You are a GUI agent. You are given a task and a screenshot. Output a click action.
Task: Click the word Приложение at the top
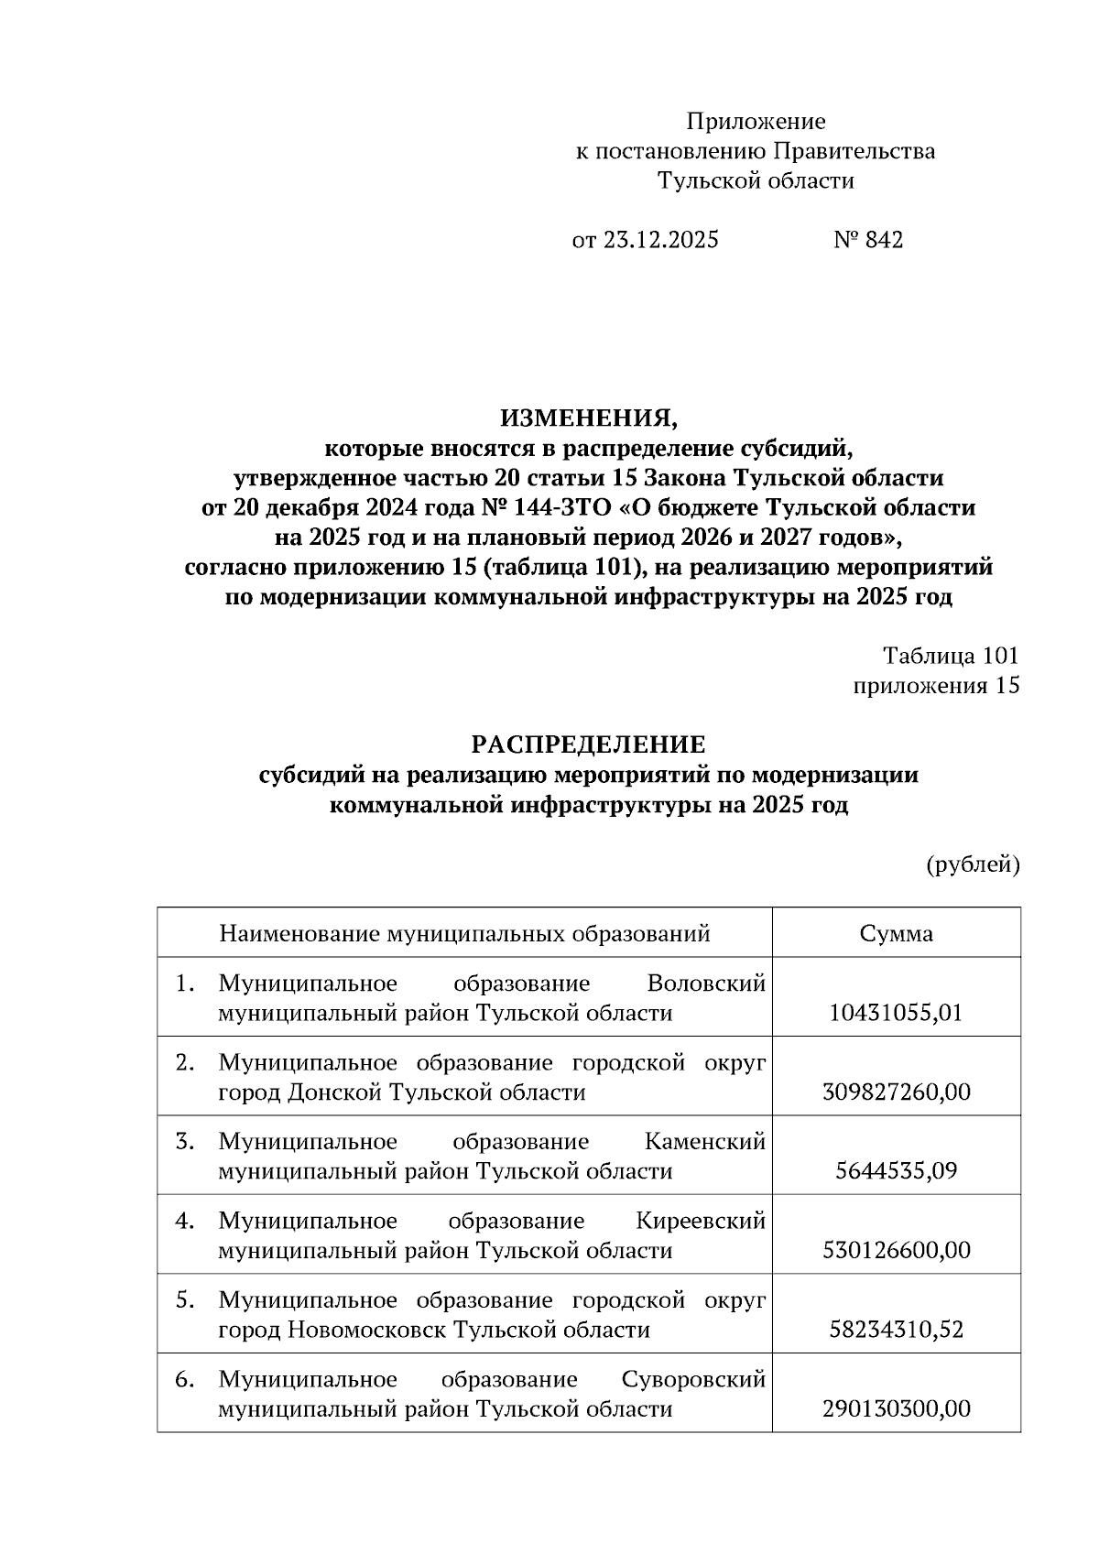756,122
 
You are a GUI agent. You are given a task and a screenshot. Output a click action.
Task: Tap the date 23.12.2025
659,240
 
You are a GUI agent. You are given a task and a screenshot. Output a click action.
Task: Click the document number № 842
868,240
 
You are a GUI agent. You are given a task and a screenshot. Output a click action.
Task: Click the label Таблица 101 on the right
950,656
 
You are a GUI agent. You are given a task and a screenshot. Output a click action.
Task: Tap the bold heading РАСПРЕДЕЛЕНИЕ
589,744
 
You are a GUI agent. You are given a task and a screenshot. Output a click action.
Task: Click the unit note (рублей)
973,864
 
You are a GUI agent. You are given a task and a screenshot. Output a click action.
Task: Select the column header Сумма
896,933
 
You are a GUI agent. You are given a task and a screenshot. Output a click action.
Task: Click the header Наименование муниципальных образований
464,933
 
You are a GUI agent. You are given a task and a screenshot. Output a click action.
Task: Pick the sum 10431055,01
896,1014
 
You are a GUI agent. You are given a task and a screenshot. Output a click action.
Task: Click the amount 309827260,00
896,1092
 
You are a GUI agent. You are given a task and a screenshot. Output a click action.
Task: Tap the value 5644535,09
896,1171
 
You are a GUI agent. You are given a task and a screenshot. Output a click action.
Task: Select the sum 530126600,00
896,1251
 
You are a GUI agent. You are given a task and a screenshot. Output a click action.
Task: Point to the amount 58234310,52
896,1330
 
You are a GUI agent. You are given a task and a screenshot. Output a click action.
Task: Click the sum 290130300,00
896,1408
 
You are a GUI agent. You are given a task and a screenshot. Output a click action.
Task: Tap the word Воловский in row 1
705,984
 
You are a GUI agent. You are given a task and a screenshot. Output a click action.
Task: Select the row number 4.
185,1222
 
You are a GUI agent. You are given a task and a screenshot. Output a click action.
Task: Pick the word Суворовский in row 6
692,1380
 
